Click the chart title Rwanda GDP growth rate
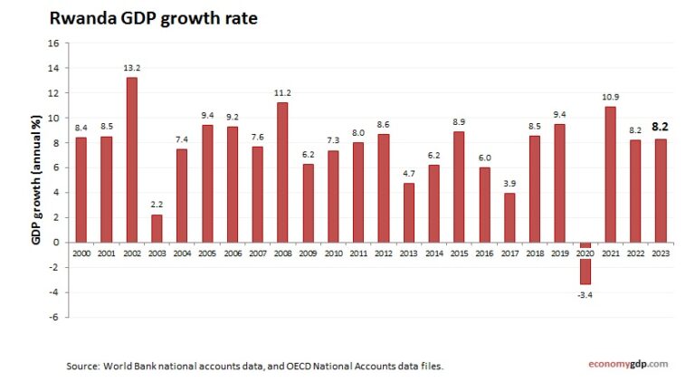[153, 17]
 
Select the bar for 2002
[131, 160]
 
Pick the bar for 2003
[157, 228]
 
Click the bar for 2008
[282, 172]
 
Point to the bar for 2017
[509, 217]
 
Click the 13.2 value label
[131, 68]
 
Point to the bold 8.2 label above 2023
[662, 128]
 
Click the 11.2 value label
[282, 93]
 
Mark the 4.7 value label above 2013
[408, 174]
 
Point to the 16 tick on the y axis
[52, 43]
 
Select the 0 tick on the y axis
[55, 243]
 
